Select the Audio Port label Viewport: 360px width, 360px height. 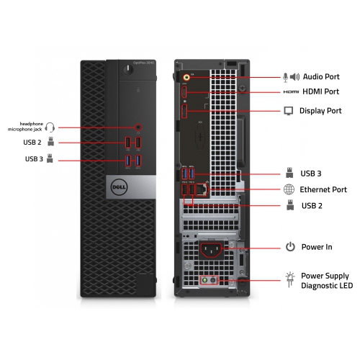[320, 76]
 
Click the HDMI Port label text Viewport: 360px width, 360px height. [320, 91]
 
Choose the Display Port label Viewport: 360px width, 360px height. [321, 111]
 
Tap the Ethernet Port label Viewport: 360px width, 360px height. [324, 189]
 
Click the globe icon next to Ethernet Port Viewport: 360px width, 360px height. [289, 189]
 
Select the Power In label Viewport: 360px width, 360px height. [317, 247]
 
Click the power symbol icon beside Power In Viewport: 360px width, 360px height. [289, 247]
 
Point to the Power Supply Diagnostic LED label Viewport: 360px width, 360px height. [326, 281]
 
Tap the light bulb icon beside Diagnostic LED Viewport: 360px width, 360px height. [289, 279]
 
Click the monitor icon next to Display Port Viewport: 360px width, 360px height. [289, 111]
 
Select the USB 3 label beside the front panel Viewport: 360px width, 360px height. [33, 159]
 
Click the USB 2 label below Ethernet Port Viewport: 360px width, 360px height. [311, 206]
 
